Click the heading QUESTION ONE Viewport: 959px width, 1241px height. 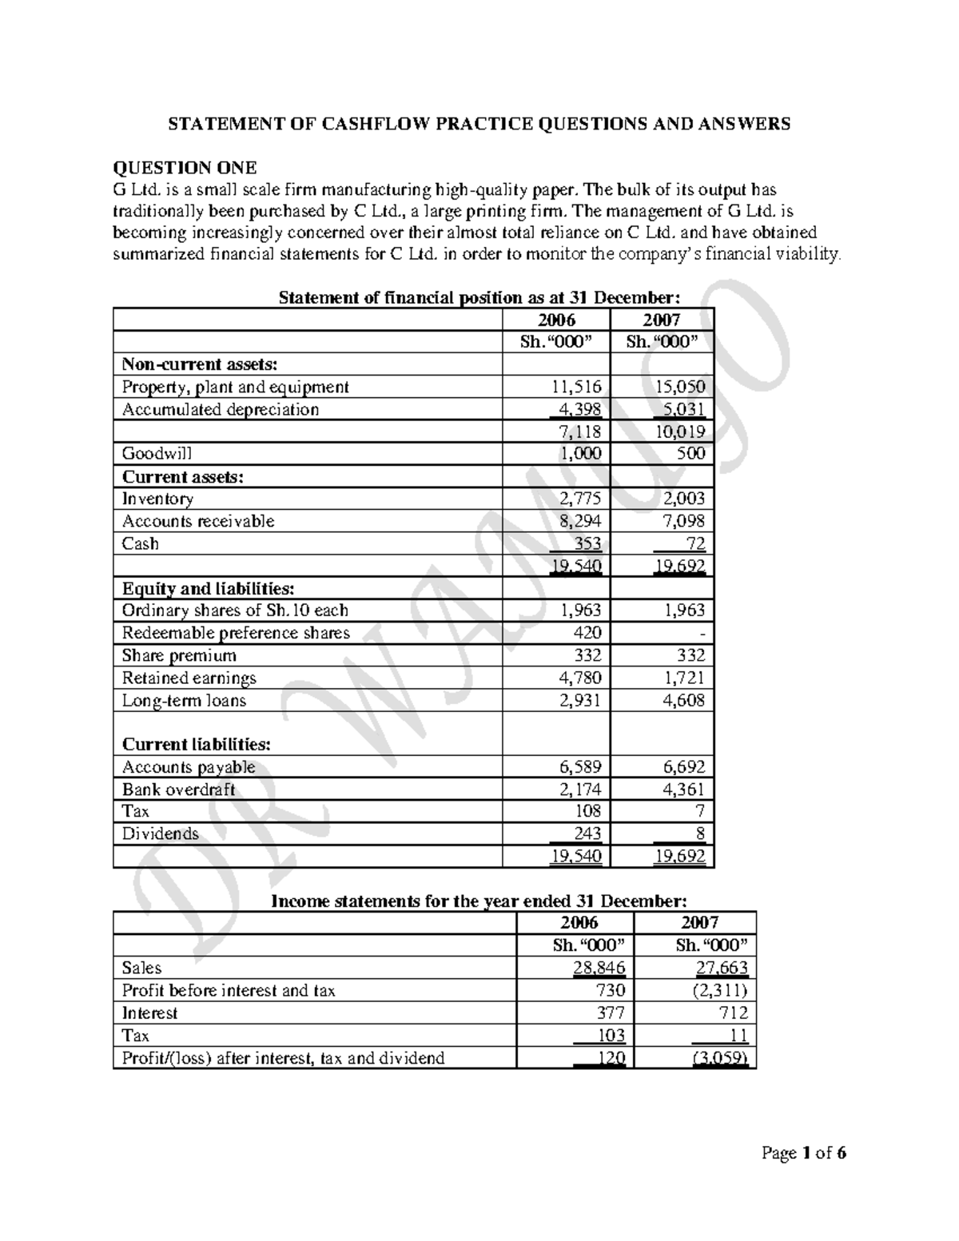(185, 168)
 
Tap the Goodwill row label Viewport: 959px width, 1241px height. (157, 454)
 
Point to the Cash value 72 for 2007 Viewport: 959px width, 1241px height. (694, 544)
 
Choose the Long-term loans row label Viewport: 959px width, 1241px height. (184, 701)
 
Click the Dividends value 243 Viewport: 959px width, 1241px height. (586, 833)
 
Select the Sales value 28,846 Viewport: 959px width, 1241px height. (599, 969)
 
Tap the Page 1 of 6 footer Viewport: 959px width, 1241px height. (804, 1153)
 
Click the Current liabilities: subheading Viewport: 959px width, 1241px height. (196, 744)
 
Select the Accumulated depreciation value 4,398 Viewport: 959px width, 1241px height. (579, 410)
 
